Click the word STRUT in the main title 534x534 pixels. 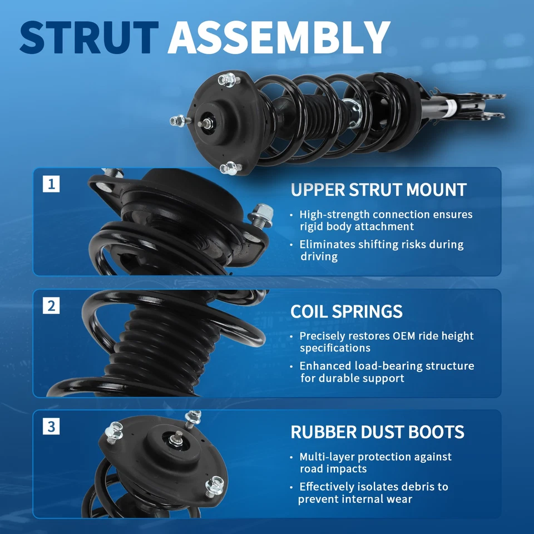point(89,38)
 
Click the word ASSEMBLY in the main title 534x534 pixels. point(278,38)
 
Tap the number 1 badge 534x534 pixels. point(51,184)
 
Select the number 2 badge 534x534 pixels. point(51,305)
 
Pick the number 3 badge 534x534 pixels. point(51,427)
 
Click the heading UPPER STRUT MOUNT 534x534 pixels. point(378,190)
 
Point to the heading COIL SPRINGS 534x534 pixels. point(346,311)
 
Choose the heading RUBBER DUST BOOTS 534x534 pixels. point(377,432)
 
